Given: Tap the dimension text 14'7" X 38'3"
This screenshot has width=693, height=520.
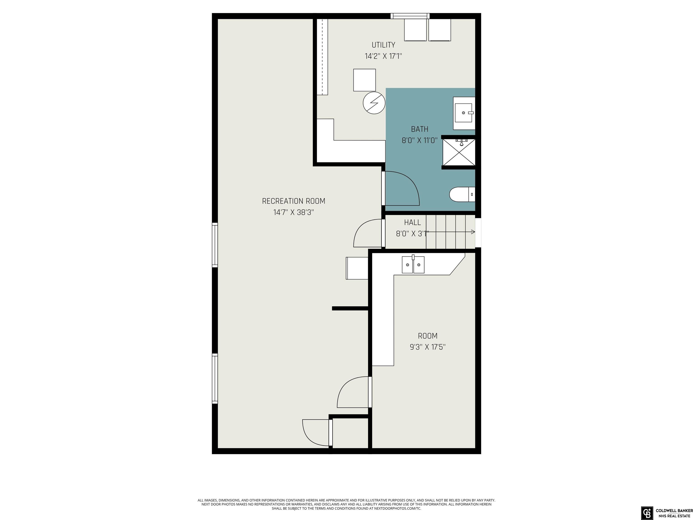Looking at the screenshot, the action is coord(293,212).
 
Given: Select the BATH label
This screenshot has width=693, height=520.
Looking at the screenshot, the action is coord(420,129).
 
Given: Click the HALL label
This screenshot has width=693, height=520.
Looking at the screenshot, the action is coord(412,222).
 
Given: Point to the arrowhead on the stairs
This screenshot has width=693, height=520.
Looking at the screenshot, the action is coord(473,232).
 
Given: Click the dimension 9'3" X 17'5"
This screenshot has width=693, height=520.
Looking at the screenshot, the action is coord(428,347).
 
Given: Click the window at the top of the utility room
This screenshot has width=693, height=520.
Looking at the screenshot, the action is coord(410,16).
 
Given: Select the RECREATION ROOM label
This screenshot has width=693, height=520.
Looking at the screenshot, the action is coord(293,201).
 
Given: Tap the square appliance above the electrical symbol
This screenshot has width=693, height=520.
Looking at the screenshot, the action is coord(364,80).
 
